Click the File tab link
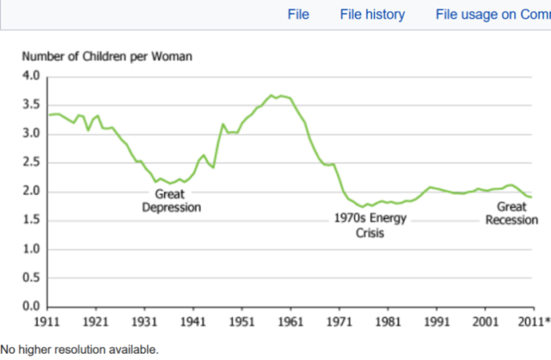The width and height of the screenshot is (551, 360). tap(298, 14)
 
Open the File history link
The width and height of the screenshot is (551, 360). tap(372, 14)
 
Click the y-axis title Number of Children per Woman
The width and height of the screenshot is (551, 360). tap(107, 56)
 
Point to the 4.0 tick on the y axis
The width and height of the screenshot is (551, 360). tap(31, 76)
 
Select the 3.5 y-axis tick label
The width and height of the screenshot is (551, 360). tap(31, 105)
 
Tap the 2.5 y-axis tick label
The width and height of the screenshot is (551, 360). tap(31, 162)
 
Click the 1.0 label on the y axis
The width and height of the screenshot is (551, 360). tap(31, 249)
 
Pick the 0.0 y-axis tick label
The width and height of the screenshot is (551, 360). tap(31, 306)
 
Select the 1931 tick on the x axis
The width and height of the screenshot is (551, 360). tap(144, 322)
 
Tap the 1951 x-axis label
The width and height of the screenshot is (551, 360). tap(242, 322)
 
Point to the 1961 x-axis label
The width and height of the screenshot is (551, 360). tap(290, 322)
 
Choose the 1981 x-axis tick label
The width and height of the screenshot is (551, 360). tap(388, 322)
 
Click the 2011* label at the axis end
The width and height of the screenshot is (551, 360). tap(536, 322)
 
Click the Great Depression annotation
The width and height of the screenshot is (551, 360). tap(171, 201)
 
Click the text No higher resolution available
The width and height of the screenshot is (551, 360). tap(79, 349)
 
